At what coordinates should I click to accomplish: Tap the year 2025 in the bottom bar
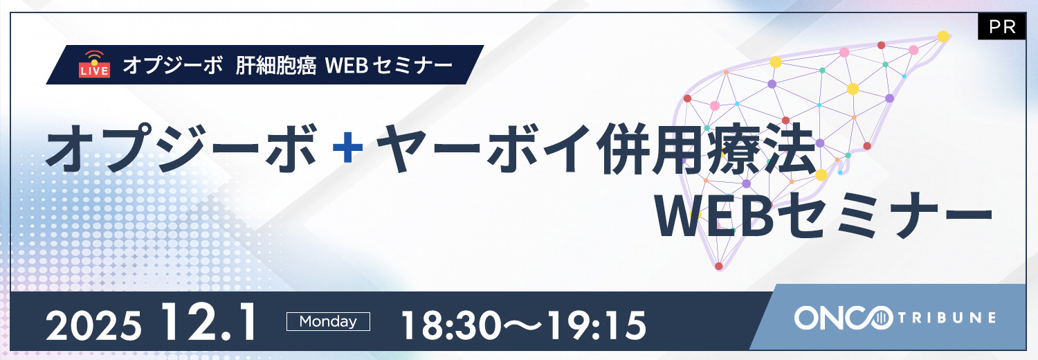[x=94, y=325]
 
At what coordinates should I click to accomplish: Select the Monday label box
[x=328, y=321]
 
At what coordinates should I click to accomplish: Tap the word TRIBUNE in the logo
[x=947, y=318]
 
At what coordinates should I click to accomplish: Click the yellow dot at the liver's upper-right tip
[x=943, y=36]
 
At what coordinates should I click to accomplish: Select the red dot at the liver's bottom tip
[x=719, y=266]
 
